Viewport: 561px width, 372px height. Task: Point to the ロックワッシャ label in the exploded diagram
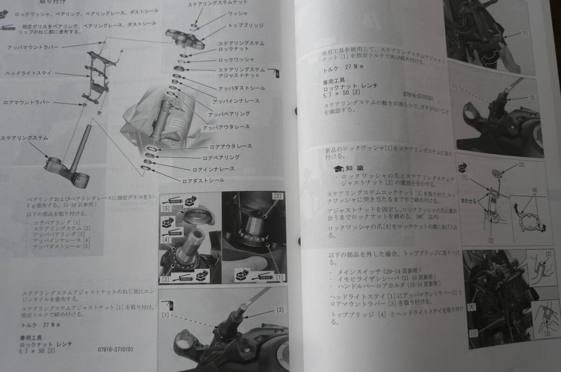coord(236,60)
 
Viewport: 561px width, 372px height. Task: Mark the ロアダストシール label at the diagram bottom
coord(203,180)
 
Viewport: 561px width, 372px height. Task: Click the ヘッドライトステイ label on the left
coord(28,73)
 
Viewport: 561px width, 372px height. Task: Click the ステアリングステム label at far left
coord(24,138)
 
